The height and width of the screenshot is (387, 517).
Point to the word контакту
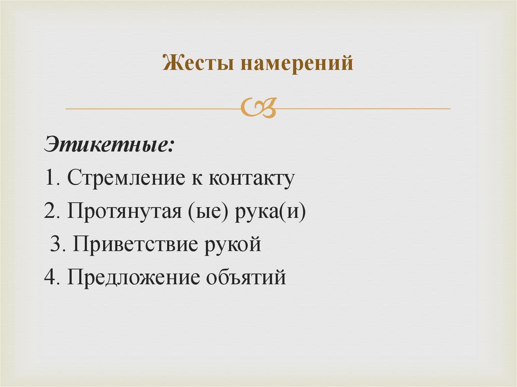pos(251,179)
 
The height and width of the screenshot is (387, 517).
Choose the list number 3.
pos(56,245)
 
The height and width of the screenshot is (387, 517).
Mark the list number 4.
pos(50,278)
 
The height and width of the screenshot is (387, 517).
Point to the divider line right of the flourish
pos(364,108)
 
